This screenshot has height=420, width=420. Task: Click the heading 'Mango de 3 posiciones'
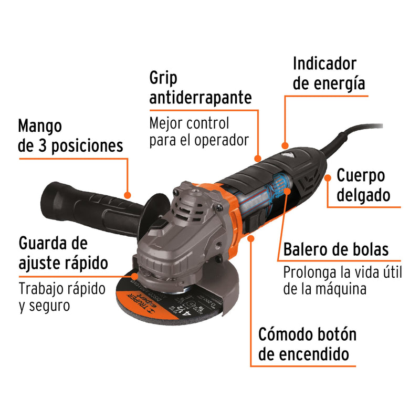coord(70,135)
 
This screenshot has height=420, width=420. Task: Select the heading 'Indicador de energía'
coord(329,73)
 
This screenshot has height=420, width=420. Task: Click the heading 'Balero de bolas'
coord(336,249)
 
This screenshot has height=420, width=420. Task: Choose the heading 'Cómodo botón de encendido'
coord(307,344)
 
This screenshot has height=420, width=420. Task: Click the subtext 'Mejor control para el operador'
coord(198,132)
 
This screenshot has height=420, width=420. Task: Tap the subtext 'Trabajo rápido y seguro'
coord(62,297)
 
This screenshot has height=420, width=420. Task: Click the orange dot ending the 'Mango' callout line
coord(127,194)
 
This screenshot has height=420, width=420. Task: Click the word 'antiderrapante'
coord(201,98)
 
